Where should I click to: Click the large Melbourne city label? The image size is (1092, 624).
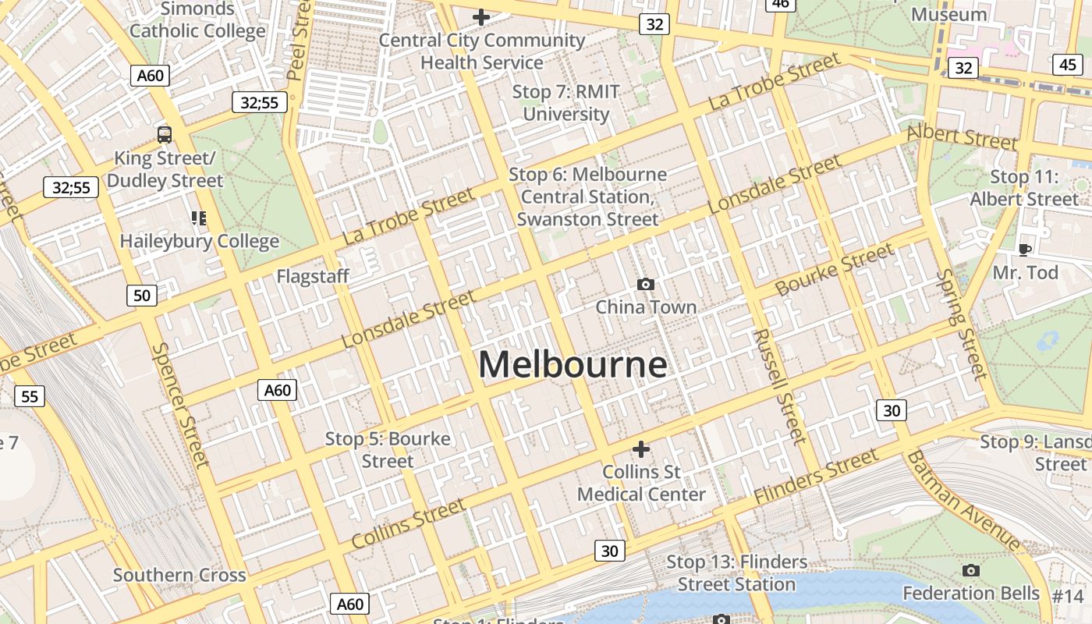pos(573,365)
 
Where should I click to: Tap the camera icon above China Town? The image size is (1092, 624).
pos(645,284)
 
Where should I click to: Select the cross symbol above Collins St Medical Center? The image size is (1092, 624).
pos(640,449)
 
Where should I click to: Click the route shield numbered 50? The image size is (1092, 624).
pos(141,295)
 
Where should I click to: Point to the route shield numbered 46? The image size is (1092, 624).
pos(780,4)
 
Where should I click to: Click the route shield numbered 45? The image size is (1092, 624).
pos(1067,65)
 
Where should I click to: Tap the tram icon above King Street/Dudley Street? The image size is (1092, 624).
pos(164,134)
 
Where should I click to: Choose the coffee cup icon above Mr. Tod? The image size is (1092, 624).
pos(1025,250)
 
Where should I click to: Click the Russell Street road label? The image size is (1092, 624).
pos(779,386)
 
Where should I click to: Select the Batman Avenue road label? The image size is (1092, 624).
pos(964,500)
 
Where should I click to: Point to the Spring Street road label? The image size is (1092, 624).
pos(963,324)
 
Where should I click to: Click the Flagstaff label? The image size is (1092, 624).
pos(313,276)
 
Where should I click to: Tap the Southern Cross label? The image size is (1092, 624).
pos(179,575)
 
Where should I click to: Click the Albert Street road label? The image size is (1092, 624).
pos(962,137)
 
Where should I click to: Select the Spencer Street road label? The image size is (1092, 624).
pos(181,406)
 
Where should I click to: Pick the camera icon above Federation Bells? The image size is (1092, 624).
pos(970,571)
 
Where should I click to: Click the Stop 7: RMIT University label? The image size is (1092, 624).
pos(565,103)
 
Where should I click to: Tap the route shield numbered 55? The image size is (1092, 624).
pos(30,396)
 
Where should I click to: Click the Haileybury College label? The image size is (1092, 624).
pos(199,242)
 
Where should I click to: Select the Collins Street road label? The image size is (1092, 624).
pos(408,524)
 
